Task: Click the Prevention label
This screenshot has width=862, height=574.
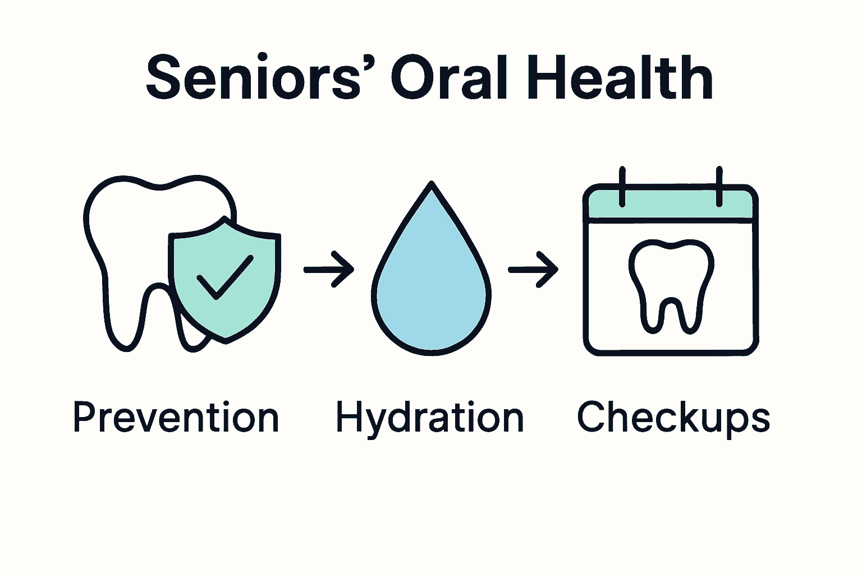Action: click(176, 418)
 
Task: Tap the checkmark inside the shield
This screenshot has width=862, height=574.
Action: click(224, 277)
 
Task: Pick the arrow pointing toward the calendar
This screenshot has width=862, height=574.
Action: click(534, 270)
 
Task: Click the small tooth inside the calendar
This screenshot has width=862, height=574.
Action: click(671, 286)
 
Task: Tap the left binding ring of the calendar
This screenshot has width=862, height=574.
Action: click(622, 187)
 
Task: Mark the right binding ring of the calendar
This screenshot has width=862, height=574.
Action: click(719, 187)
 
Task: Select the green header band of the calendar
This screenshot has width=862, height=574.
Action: click(671, 206)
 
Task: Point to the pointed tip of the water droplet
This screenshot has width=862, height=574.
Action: click(431, 185)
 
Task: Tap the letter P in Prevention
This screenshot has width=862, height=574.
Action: click(82, 418)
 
